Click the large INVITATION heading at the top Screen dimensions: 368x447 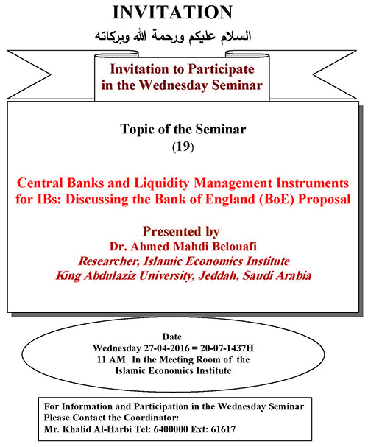[173, 13]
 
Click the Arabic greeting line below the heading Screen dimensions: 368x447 [173, 37]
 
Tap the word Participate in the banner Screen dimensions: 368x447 [221, 69]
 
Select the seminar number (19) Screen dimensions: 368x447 [183, 147]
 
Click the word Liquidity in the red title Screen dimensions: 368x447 [161, 183]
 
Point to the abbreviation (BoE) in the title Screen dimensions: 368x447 [276, 200]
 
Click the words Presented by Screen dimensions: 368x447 [181, 231]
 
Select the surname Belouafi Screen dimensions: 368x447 [234, 246]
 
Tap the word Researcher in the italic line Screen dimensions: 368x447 [109, 261]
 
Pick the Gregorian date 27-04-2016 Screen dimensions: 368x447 [166, 348]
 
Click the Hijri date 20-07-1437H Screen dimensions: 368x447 [227, 348]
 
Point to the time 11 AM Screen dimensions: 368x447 [111, 359]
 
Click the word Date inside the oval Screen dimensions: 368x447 [172, 337]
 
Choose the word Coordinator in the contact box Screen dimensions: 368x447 [151, 418]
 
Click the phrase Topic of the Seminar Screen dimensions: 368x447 [183, 129]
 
